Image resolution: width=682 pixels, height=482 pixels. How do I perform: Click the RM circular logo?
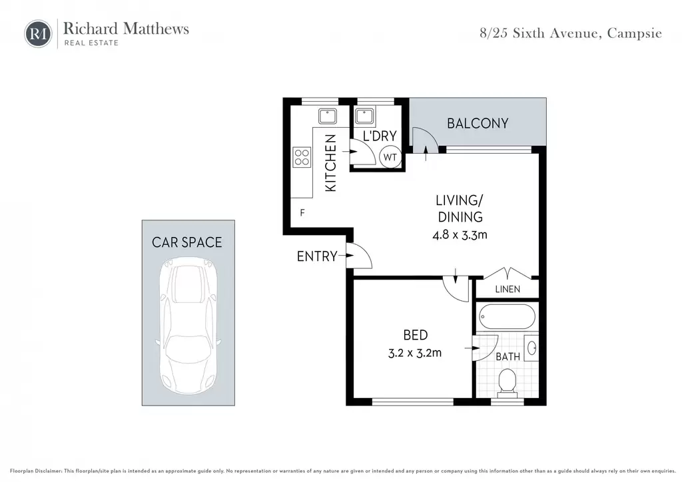38,33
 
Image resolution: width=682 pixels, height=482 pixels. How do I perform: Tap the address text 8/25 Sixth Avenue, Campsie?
571,33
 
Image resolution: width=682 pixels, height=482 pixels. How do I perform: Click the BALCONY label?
478,123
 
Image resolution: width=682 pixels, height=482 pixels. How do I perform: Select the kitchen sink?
328,116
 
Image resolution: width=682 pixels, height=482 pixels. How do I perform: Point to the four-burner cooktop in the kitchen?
302,157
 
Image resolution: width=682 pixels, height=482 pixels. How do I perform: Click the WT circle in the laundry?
390,157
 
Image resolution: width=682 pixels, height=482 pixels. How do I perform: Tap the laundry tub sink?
364,116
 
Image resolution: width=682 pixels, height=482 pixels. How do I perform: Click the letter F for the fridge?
302,212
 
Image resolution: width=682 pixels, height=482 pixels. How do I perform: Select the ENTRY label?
317,256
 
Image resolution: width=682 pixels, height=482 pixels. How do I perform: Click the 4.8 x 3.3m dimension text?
460,235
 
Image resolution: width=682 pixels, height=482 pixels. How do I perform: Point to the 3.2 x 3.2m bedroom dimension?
415,353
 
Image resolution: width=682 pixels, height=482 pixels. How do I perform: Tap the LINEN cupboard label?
508,289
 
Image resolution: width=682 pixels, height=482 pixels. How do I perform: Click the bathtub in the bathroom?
507,317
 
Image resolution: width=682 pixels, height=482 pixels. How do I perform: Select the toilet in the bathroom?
507,383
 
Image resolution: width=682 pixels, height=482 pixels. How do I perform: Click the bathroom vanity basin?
531,348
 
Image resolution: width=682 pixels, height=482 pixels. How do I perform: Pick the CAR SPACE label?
187,242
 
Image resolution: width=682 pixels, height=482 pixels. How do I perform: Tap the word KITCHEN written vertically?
330,163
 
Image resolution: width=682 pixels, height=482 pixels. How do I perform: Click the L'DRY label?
380,136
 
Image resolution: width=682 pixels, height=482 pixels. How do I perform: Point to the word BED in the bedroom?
416,335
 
